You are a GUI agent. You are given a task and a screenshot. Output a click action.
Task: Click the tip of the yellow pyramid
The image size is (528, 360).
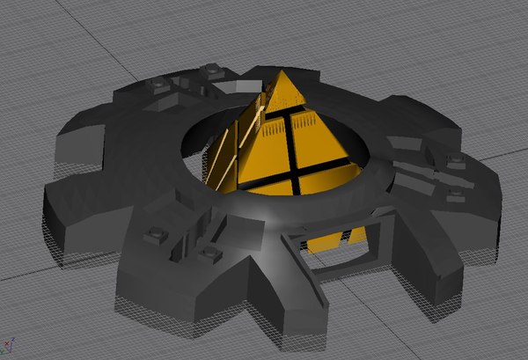tap(284, 73)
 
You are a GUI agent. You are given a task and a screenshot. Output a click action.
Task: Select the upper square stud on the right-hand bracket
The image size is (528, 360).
tap(456, 159)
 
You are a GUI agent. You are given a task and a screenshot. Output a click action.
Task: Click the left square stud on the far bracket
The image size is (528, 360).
tap(160, 84)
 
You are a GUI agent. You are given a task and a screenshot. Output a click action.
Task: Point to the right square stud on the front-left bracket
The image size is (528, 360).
tap(209, 254)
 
